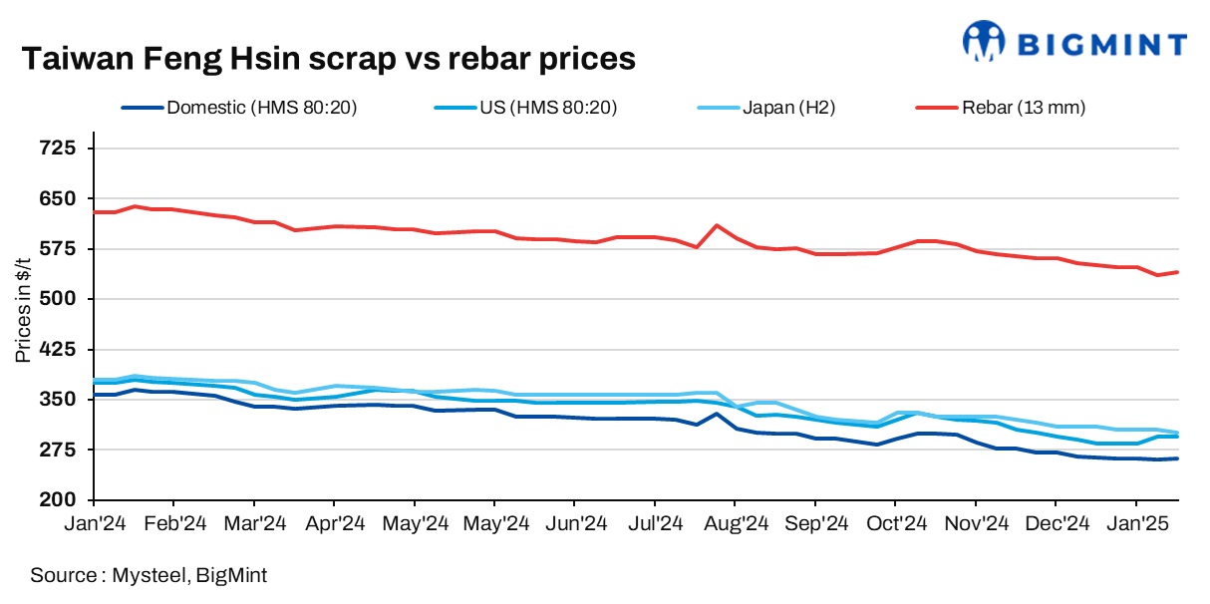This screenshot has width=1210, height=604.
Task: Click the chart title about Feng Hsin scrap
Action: coord(329,59)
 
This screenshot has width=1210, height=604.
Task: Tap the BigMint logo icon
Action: coord(984,41)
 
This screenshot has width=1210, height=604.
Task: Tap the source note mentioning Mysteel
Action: coord(150,575)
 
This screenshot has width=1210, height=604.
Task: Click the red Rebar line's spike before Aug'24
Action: coord(717,225)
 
